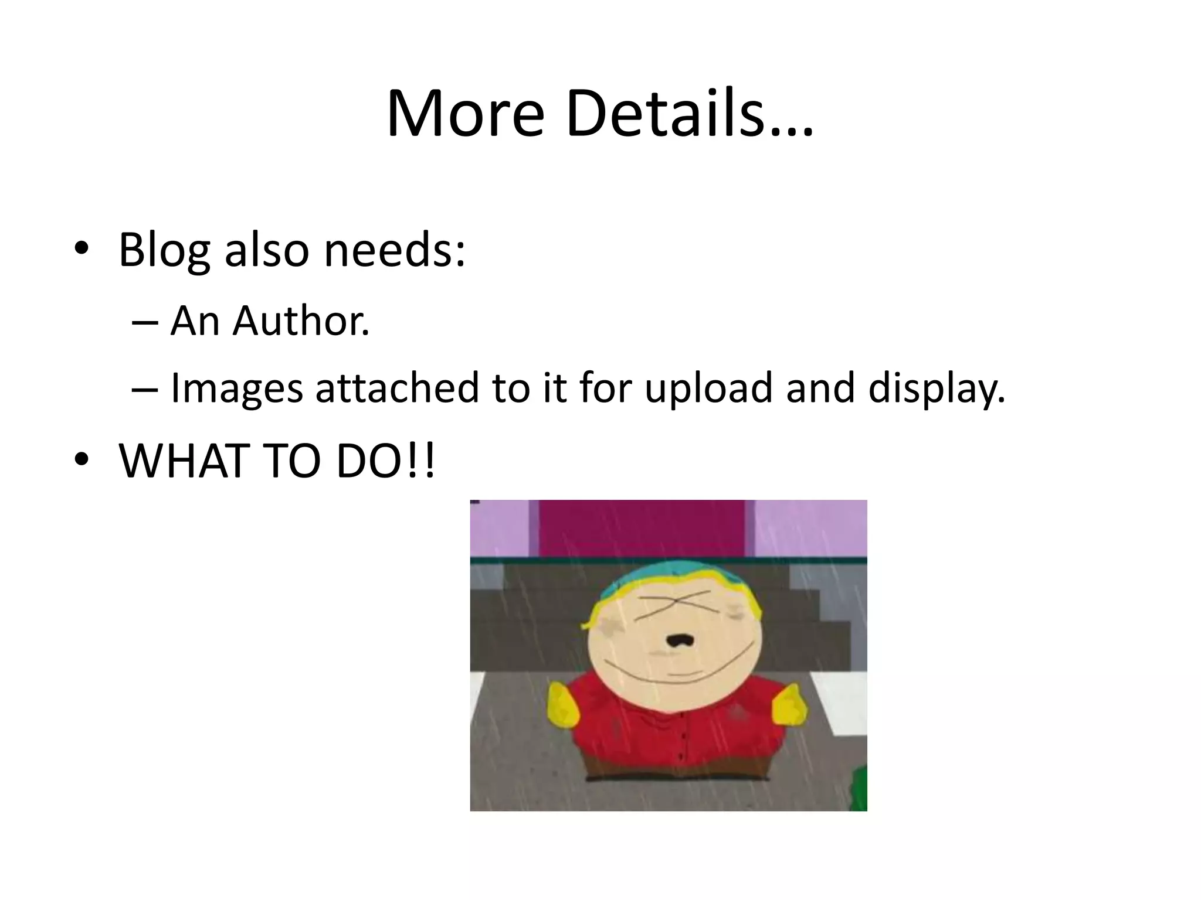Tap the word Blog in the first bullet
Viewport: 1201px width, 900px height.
pos(164,250)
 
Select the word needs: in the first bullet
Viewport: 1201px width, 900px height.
pos(395,250)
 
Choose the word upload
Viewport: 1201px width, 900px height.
pos(708,388)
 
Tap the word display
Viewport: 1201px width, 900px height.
pos(937,388)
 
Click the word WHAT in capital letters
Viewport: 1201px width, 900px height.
pos(180,461)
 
